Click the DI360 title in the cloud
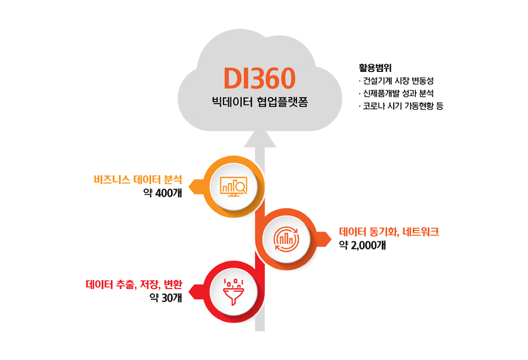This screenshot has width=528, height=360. click(260, 78)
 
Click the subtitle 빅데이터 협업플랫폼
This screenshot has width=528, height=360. click(260, 102)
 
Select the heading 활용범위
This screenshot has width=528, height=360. click(375, 67)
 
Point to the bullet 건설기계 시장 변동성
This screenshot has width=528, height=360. click(396, 81)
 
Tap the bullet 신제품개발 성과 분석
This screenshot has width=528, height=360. click(396, 93)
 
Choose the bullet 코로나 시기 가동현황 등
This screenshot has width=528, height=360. click(401, 106)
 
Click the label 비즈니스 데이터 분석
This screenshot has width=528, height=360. click(138, 179)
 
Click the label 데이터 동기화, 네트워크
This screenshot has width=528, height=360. click(389, 232)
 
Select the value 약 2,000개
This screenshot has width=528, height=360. click(362, 245)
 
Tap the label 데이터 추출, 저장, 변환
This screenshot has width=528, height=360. click(134, 284)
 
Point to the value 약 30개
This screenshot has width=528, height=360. click(166, 298)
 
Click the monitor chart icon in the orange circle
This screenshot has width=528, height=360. click(233, 186)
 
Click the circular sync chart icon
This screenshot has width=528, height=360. click(286, 239)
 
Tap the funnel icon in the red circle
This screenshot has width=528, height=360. click(233, 292)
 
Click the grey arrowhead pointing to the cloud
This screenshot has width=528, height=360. click(260, 139)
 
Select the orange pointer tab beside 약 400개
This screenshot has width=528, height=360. click(197, 186)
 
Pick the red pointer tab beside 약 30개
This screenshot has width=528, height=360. click(197, 292)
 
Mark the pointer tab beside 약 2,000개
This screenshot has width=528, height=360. click(323, 239)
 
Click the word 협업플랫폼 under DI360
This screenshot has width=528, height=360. click(282, 102)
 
